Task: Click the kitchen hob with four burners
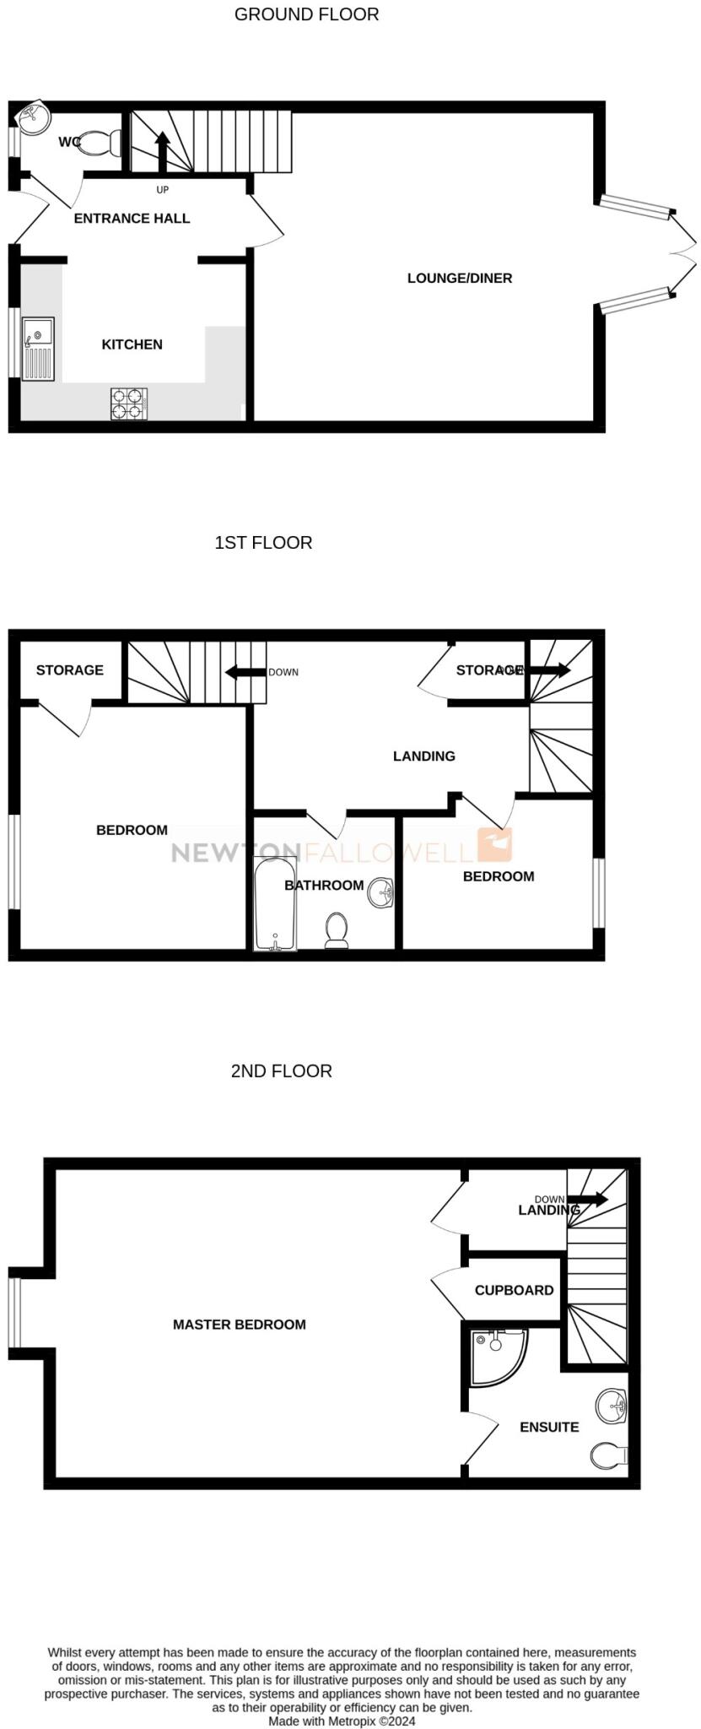click(x=128, y=403)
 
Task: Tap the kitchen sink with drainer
click(x=38, y=349)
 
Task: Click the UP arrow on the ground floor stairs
click(x=161, y=149)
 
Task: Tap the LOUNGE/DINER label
click(x=459, y=278)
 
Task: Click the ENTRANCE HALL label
click(x=132, y=218)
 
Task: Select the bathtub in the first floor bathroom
click(x=275, y=904)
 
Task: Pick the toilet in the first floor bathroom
click(x=337, y=930)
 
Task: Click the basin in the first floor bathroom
click(x=382, y=892)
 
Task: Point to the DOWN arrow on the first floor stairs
click(x=242, y=672)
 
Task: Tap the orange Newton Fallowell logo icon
click(x=494, y=844)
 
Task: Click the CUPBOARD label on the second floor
click(x=514, y=1290)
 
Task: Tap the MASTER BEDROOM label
click(x=239, y=1325)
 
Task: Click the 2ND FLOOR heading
click(x=281, y=1070)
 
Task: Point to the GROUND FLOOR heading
click(x=306, y=14)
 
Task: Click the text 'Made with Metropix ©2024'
click(x=342, y=1721)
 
